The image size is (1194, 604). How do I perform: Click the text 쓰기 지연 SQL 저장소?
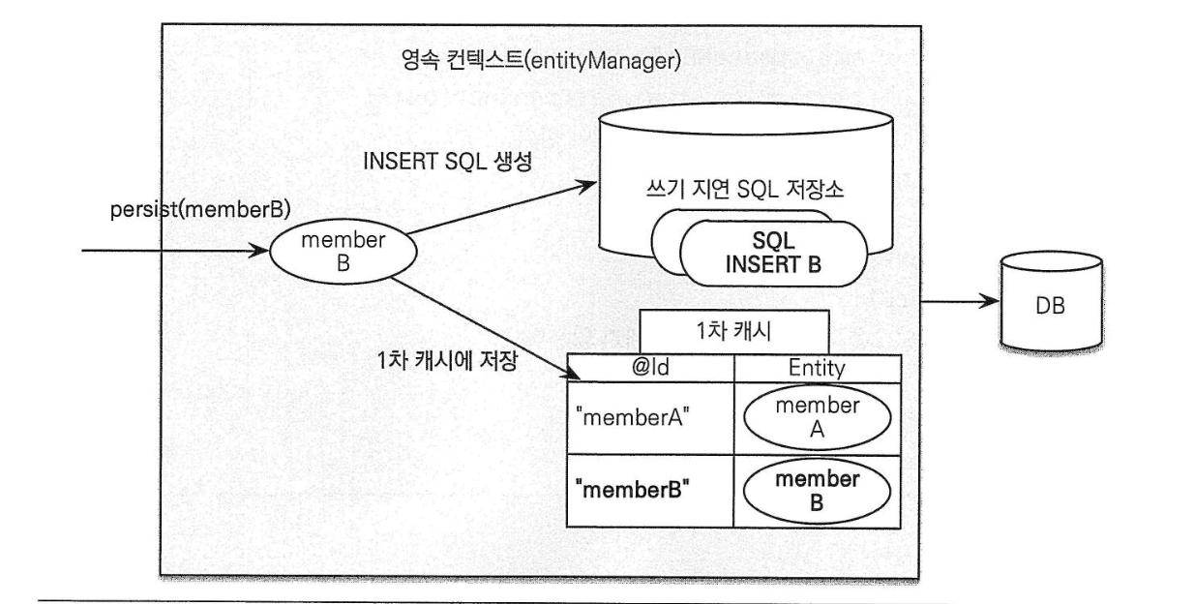pyautogui.click(x=745, y=190)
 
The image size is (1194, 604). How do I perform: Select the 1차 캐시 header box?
pyautogui.click(x=733, y=333)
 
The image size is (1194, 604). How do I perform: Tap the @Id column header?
pyautogui.click(x=650, y=369)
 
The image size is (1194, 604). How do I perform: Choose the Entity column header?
pyautogui.click(x=819, y=369)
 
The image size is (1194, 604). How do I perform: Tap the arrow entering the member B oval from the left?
pyautogui.click(x=174, y=251)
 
